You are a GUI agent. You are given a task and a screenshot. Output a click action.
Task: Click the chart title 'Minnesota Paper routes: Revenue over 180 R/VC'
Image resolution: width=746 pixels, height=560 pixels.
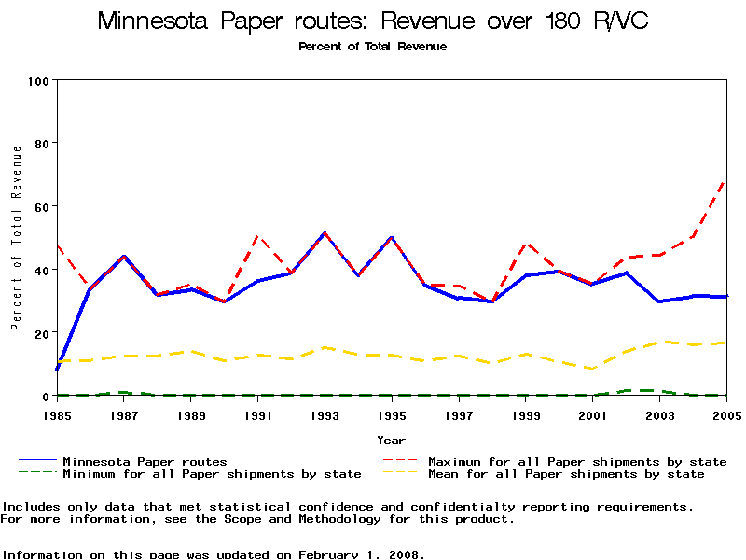click(372, 21)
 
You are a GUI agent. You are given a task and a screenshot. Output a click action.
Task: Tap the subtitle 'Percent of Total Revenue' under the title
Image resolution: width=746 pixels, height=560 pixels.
click(372, 47)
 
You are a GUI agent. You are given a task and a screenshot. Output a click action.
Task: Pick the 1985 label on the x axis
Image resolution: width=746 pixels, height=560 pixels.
click(57, 414)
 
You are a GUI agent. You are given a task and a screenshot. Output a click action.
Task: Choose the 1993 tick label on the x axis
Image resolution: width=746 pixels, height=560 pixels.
click(325, 414)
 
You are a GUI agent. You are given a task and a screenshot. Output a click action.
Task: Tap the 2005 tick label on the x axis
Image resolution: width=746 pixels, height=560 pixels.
click(725, 414)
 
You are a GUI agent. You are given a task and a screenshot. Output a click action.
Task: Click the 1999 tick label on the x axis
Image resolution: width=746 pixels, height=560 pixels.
click(526, 414)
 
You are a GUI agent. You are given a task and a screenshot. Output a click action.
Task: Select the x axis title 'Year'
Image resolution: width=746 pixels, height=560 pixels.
click(391, 440)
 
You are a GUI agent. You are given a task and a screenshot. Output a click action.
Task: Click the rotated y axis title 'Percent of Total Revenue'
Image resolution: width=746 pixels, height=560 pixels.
click(16, 238)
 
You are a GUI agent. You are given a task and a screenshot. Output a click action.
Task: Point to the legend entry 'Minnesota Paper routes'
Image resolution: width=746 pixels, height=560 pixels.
click(145, 461)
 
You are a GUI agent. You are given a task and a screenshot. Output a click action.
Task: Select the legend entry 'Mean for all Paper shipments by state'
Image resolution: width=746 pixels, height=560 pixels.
click(566, 474)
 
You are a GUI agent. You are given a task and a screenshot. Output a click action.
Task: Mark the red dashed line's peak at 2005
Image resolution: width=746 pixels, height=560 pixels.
click(725, 180)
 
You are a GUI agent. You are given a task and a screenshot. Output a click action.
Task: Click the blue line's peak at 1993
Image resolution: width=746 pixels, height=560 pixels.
click(325, 233)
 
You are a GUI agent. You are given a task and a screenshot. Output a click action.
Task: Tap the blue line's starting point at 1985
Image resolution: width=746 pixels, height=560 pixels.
click(58, 370)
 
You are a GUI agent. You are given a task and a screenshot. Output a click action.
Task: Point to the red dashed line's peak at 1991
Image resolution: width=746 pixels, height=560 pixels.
click(258, 236)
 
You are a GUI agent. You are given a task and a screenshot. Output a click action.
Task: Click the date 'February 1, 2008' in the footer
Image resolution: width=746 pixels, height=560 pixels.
click(362, 554)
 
